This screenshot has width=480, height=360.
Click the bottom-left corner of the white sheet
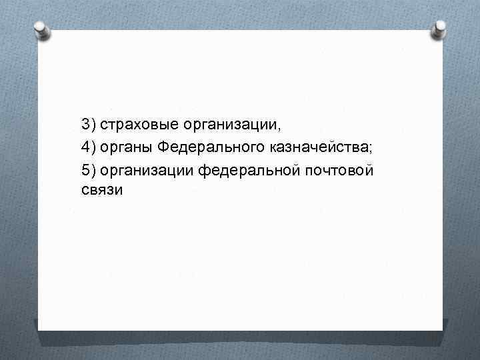[39, 329]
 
